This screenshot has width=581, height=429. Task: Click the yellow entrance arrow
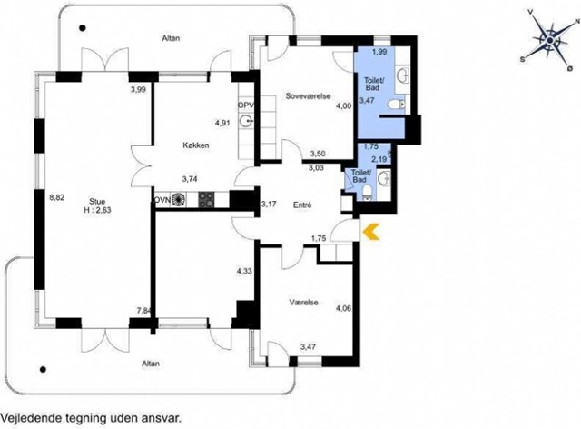pos(371,233)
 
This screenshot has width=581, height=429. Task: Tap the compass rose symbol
pos(550,40)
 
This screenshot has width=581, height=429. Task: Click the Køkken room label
pos(196,145)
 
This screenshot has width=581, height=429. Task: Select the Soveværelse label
pos(309,95)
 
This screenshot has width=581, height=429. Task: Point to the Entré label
pos(302,205)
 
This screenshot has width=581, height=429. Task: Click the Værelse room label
pos(303,303)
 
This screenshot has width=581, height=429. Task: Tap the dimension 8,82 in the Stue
pos(57,197)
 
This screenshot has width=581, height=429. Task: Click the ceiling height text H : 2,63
pos(97,210)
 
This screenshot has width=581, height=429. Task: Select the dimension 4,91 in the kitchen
pos(222,123)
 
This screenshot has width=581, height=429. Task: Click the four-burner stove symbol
pos(206,200)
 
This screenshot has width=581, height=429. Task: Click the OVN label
pos(162,200)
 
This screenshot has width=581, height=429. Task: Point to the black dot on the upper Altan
pos(83,27)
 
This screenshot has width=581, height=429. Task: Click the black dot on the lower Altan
pos(43,369)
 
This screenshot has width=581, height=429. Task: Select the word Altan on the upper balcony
pos(172,38)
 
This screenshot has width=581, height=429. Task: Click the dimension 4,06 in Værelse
pos(343,308)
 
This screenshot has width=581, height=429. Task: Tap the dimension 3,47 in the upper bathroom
pos(367,100)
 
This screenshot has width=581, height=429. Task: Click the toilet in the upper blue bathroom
pos(396,105)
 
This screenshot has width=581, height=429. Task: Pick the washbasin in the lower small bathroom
pos(383,179)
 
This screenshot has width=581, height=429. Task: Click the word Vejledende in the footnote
pos(31,419)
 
